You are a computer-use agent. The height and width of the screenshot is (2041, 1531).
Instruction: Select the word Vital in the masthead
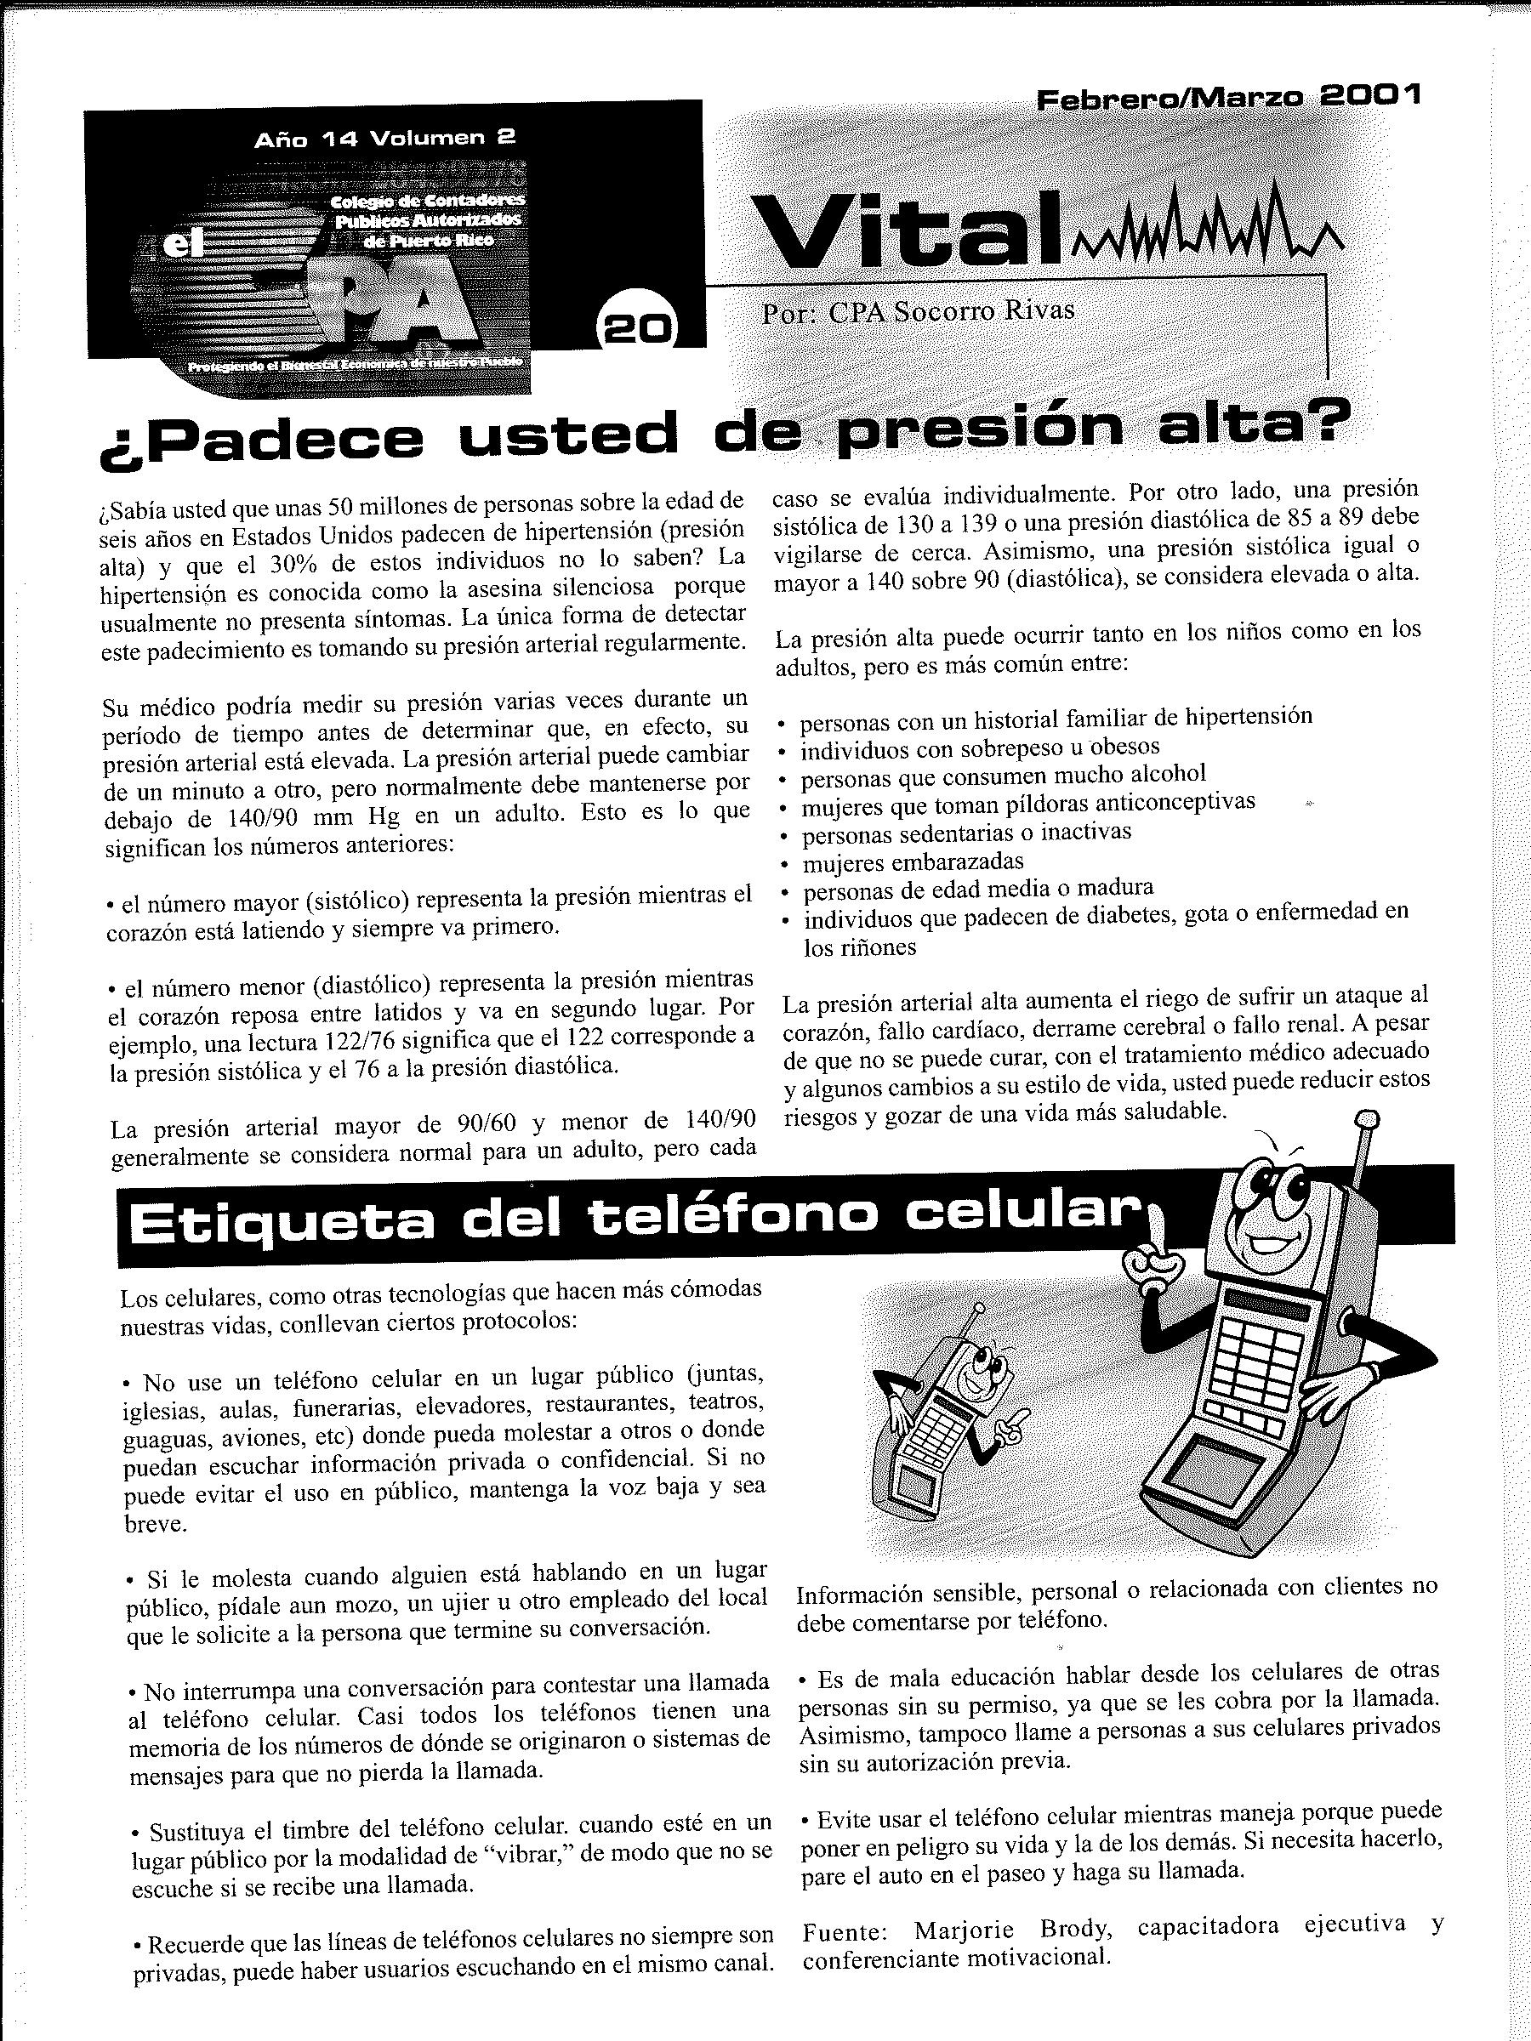(x=909, y=230)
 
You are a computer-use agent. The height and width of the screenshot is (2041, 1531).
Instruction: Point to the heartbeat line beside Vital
(x=1209, y=226)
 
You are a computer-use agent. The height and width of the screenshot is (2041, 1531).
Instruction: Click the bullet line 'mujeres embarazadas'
(x=913, y=862)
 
